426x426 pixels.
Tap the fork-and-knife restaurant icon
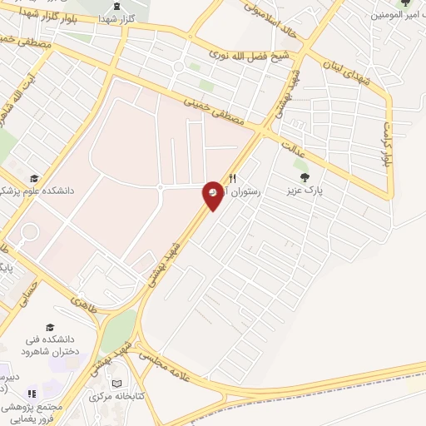tap(233, 177)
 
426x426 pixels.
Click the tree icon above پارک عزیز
tap(305, 176)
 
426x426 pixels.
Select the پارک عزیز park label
tap(305, 190)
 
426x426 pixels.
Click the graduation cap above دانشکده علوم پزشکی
tap(34, 178)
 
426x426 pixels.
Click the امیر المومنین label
tap(399, 14)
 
